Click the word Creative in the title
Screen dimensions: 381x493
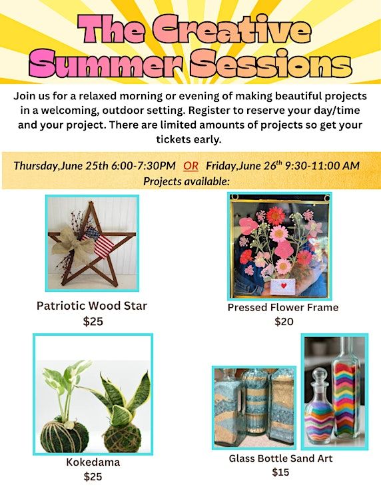(232, 29)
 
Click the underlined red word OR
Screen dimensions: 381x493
(190, 166)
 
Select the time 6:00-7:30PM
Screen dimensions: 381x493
(143, 166)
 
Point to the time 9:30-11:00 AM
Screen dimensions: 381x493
(322, 166)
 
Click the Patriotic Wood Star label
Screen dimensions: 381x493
(92, 306)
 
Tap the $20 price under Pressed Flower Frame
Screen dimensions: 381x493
(284, 322)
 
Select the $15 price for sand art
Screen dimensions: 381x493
(280, 472)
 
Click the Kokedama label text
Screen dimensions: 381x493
(93, 462)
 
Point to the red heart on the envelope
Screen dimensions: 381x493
(284, 286)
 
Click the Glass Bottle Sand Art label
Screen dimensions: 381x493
(280, 458)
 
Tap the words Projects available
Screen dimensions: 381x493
(187, 181)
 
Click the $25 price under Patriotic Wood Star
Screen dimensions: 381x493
(93, 321)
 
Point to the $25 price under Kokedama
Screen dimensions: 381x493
(93, 476)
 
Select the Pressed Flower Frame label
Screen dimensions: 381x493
(283, 307)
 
